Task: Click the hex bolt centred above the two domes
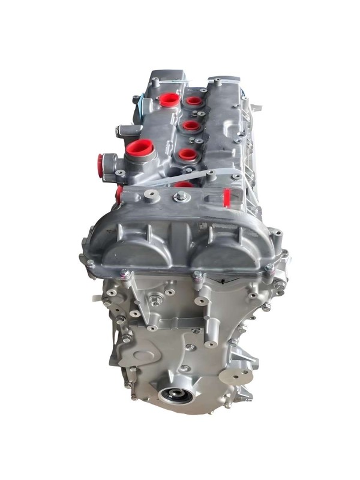[178, 197]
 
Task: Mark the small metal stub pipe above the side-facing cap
[119, 129]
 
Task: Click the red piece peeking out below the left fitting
[119, 191]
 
